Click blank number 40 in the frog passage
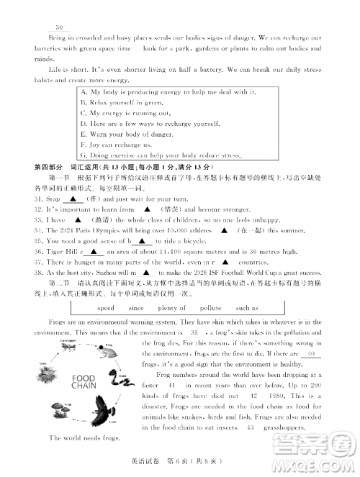pos(310,354)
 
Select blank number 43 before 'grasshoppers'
pos(250,427)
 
